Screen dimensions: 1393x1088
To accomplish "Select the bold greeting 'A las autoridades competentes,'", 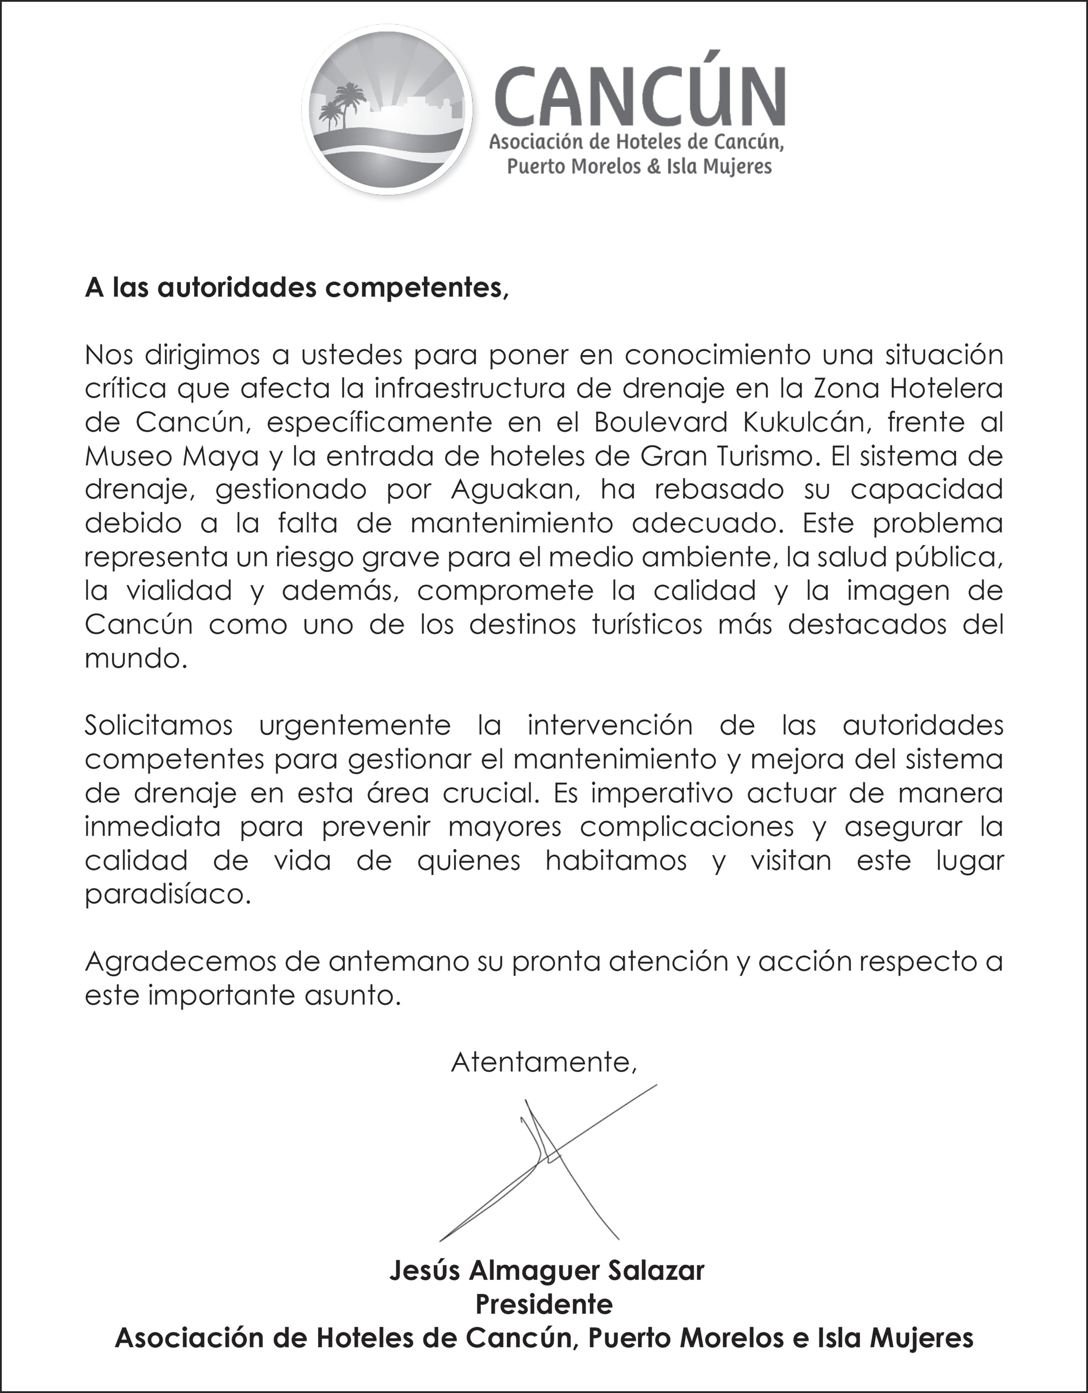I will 297,288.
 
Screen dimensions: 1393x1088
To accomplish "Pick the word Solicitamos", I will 159,726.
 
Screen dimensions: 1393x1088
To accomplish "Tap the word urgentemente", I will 355,726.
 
